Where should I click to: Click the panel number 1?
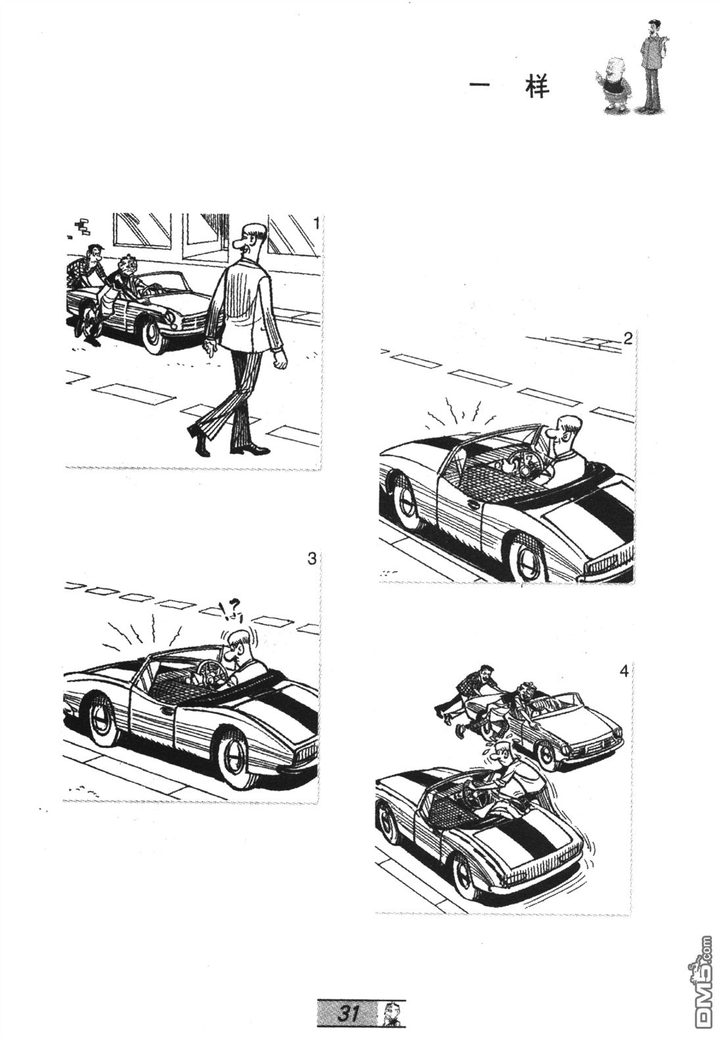click(316, 224)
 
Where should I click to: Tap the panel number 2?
click(627, 339)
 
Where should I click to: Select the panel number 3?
click(312, 559)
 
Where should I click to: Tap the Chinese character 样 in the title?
click(537, 87)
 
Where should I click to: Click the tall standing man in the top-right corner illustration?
click(653, 65)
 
